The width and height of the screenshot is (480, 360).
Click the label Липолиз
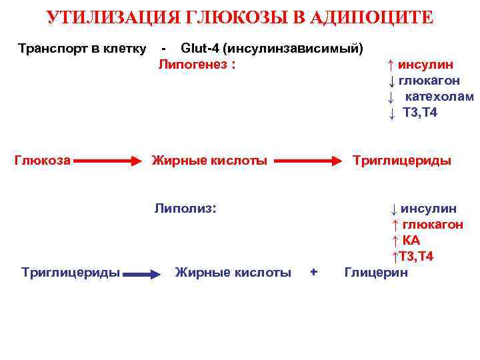point(185,208)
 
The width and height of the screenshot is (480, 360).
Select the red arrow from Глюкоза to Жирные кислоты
point(111,161)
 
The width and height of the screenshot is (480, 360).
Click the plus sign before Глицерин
point(314,272)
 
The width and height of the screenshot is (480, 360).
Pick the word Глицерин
point(375,272)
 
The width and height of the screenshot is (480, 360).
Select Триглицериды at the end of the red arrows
point(401,160)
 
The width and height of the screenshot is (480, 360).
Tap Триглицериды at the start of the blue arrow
point(71,272)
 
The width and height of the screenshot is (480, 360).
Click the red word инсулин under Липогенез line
point(425,65)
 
